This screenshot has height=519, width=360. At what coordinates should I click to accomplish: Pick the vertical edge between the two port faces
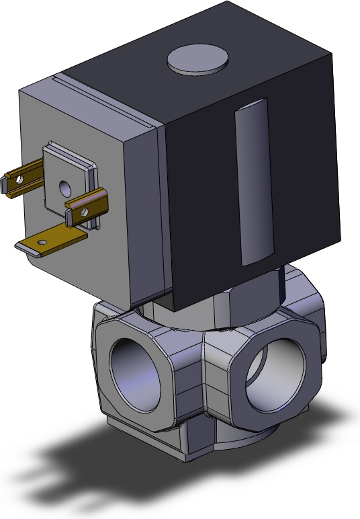(x=201, y=390)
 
